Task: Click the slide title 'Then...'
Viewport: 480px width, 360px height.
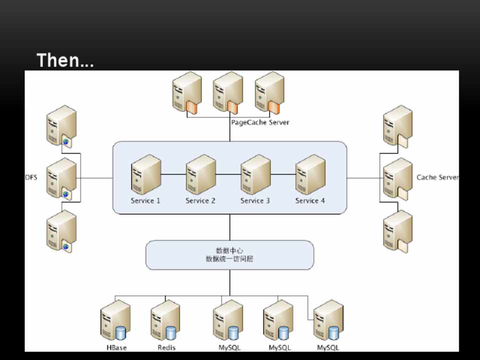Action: (x=65, y=60)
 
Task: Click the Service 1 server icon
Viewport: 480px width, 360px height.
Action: (x=145, y=174)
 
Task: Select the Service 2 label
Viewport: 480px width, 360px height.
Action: (x=200, y=200)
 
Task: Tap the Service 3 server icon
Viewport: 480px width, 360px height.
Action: (x=255, y=174)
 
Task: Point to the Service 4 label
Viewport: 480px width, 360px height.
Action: (x=310, y=200)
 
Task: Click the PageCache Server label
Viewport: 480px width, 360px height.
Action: (x=259, y=122)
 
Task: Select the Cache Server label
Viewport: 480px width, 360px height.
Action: (x=437, y=177)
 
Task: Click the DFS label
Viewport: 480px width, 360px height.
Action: (x=31, y=177)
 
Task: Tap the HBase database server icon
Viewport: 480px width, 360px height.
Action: (x=114, y=320)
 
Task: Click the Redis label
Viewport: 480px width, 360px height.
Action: (x=166, y=347)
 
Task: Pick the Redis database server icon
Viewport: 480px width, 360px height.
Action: (x=165, y=320)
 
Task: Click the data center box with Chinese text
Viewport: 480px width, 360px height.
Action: (x=229, y=255)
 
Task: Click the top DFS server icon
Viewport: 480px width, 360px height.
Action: (x=61, y=125)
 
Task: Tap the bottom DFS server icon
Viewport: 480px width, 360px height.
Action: (x=61, y=230)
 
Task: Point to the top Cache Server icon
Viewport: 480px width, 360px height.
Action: (x=398, y=125)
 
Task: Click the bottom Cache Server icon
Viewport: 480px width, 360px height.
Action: (x=398, y=230)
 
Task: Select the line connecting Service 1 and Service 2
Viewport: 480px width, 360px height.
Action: (x=173, y=174)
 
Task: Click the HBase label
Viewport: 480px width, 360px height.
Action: (x=116, y=347)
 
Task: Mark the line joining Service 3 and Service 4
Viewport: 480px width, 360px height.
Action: (x=283, y=174)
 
